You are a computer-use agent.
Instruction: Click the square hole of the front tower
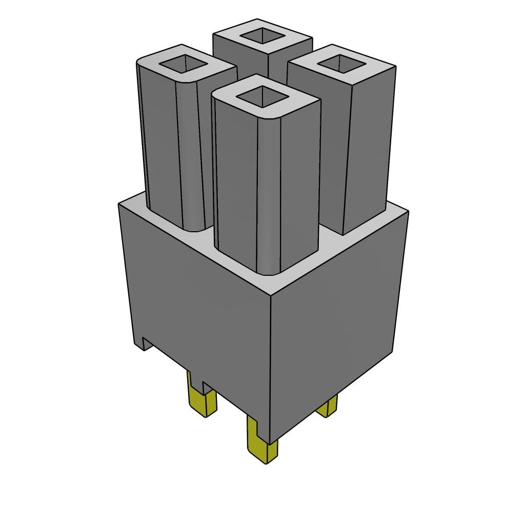tap(262, 97)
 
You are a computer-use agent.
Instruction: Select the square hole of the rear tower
tap(262, 36)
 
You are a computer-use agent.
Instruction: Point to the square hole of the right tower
tap(340, 64)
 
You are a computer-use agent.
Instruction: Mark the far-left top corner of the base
tap(119, 204)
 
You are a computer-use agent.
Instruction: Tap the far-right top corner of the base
tap(408, 210)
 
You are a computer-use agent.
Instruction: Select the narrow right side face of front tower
tap(300, 185)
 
